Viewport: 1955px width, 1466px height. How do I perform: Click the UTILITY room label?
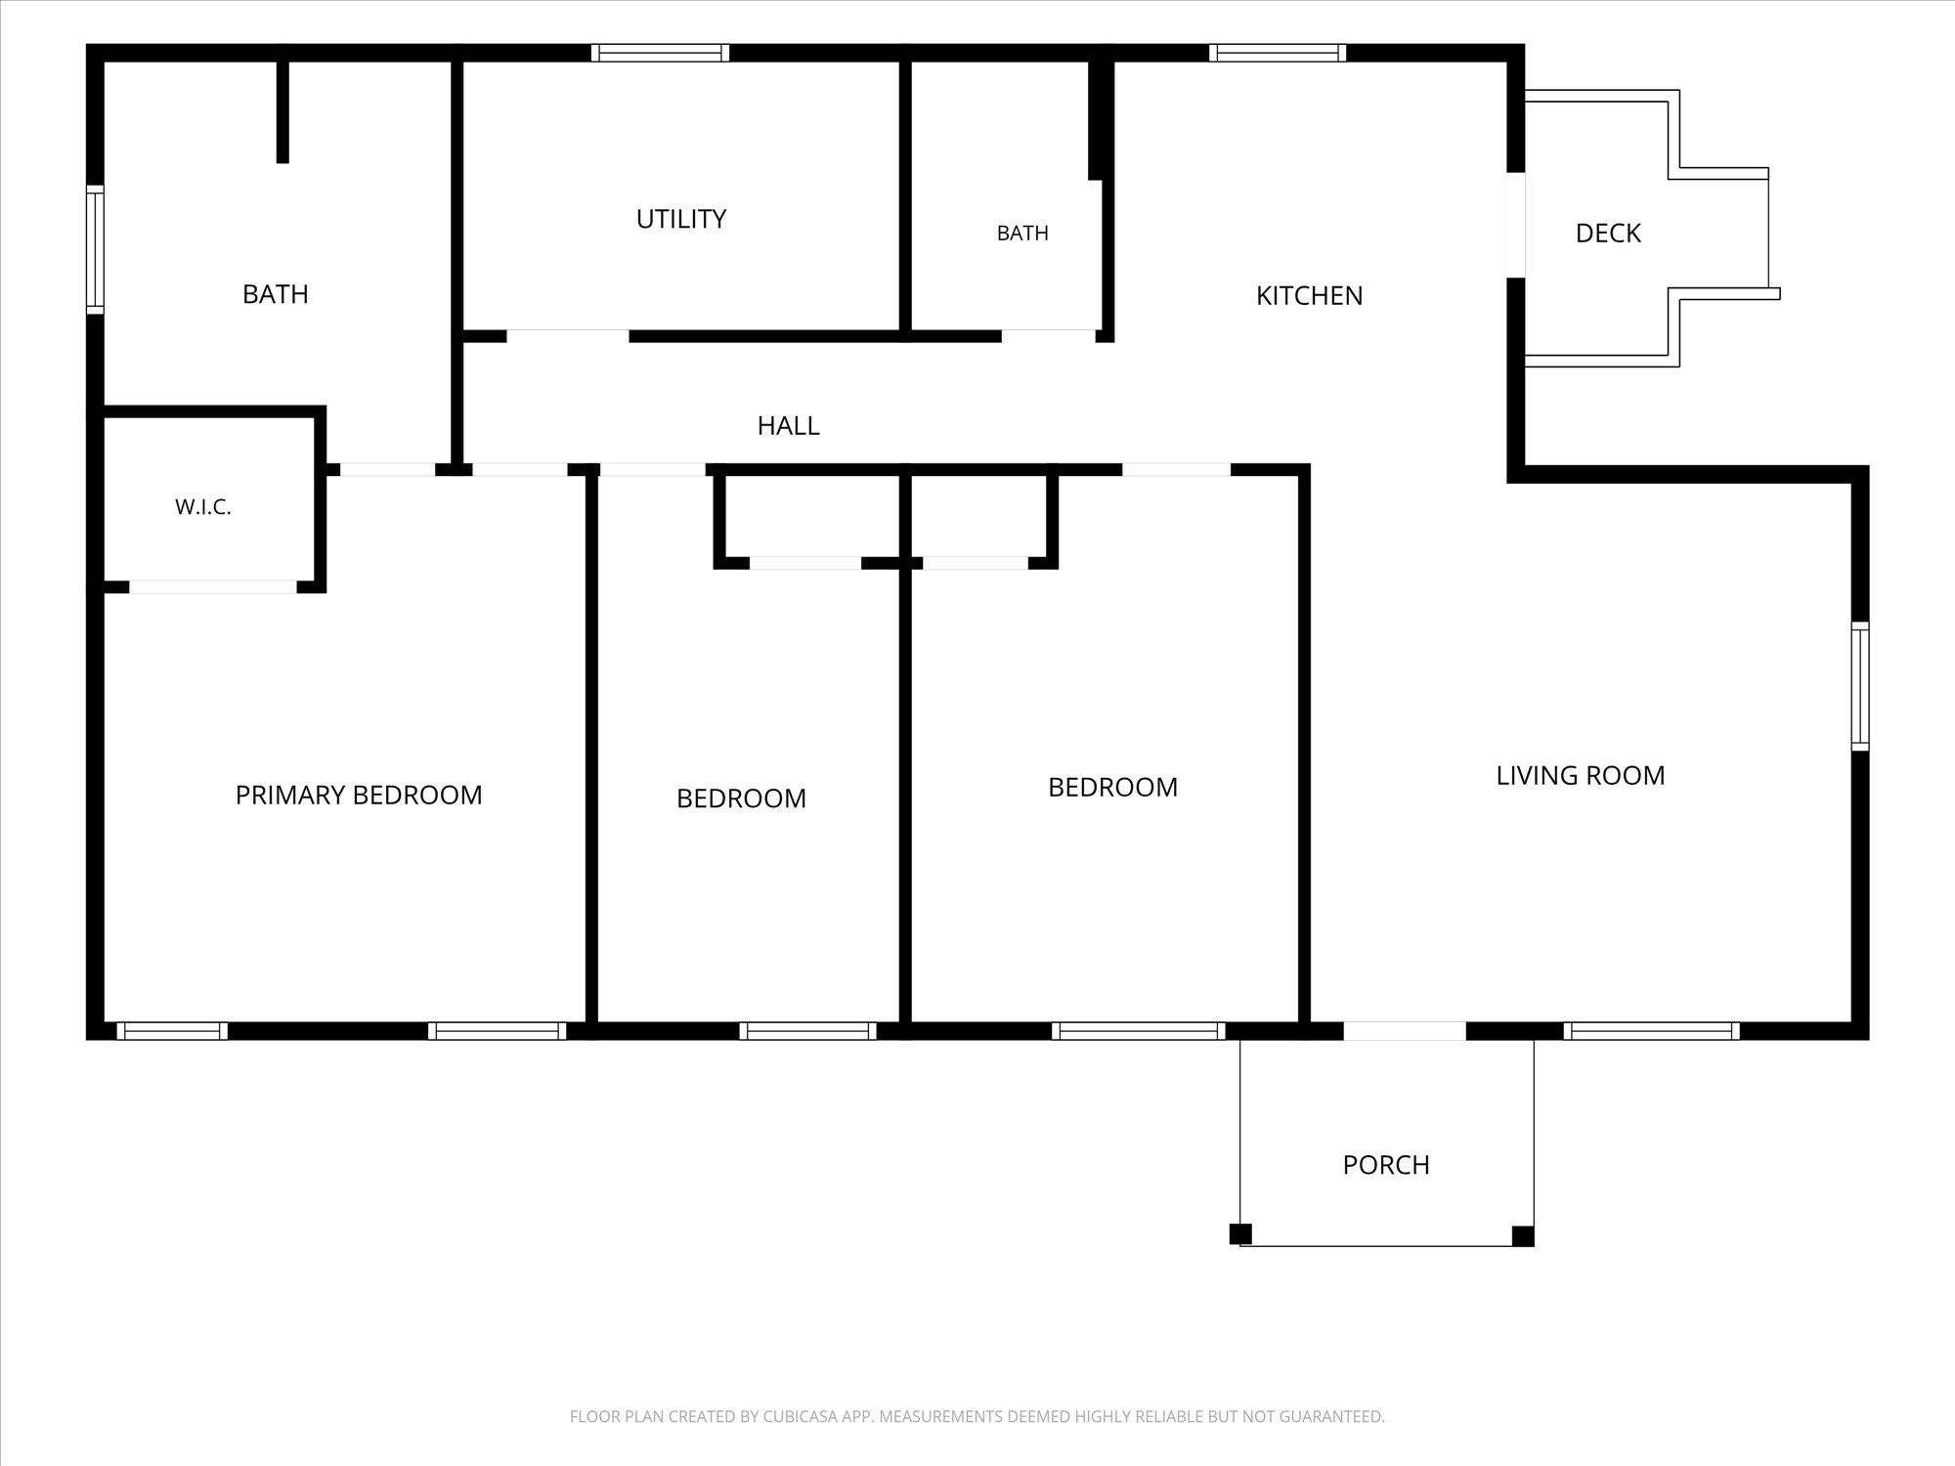(681, 219)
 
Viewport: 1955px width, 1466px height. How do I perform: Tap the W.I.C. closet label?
(203, 507)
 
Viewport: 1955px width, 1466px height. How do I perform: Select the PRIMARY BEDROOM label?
(359, 796)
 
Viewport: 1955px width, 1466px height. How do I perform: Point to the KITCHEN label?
(1309, 296)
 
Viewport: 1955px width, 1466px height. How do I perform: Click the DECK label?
(1608, 234)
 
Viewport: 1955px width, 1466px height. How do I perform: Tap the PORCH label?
(1386, 1165)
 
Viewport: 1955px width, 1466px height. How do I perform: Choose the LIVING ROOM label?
(1581, 776)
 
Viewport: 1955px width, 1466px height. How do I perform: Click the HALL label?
(788, 426)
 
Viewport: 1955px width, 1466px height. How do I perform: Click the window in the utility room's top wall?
(660, 53)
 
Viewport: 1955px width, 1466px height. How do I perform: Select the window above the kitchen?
(1278, 53)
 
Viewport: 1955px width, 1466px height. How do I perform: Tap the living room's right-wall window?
(1860, 686)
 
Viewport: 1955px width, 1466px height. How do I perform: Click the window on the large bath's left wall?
(95, 250)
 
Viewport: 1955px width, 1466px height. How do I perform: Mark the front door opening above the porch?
(1405, 1031)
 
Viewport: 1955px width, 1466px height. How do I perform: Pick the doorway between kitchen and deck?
(1515, 225)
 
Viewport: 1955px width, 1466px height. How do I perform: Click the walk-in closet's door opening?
(213, 587)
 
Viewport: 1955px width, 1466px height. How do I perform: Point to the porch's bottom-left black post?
(1240, 1234)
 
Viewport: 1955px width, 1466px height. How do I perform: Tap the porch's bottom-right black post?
(1523, 1236)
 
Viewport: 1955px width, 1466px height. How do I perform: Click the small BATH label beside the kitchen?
(1022, 234)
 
